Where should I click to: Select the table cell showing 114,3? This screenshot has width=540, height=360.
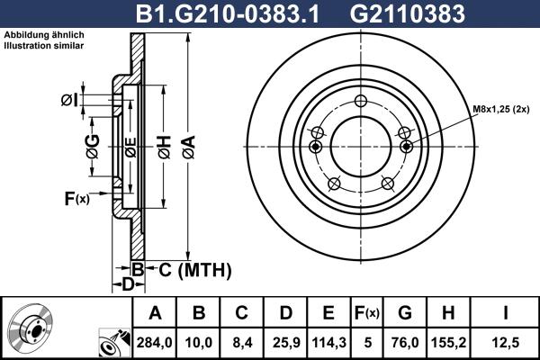coord(328,342)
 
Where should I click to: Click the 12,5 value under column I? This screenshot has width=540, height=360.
coord(505,342)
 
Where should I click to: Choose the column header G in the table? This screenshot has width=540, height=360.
coord(404,313)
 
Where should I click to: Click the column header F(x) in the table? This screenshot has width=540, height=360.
coord(367,313)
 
